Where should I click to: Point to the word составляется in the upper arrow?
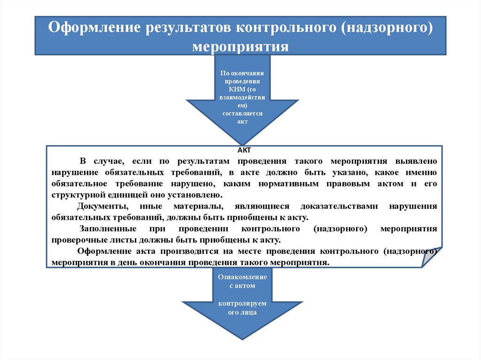coord(242,114)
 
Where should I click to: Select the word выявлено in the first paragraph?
coord(416,161)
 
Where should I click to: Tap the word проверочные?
coord(77,240)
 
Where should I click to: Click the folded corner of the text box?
coord(432,258)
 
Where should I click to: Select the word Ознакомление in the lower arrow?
coord(242,277)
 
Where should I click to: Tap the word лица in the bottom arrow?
coord(249,312)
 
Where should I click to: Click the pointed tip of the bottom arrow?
coord(242,338)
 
